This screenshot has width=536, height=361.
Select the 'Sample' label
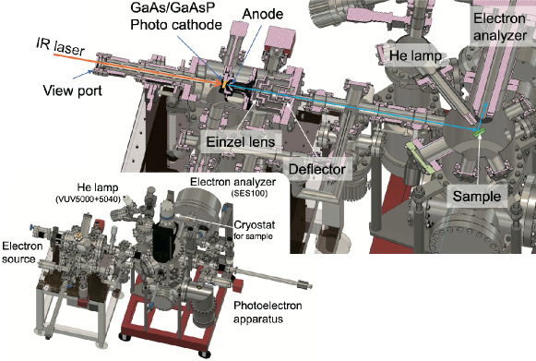coord(478,197)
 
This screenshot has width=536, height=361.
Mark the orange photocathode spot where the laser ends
coord(222,89)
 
